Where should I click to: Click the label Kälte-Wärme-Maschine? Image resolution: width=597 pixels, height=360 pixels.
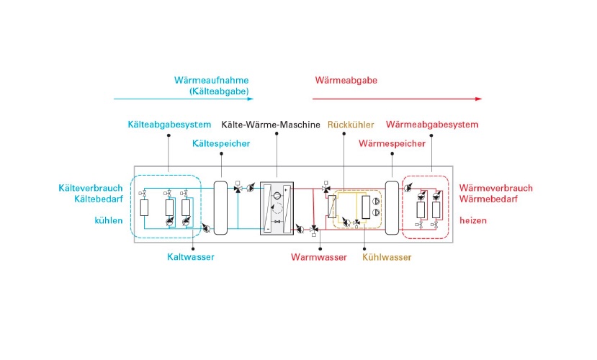click(x=271, y=125)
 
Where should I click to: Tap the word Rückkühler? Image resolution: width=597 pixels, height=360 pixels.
click(x=351, y=125)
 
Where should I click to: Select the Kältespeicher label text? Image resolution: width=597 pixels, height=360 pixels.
click(x=221, y=144)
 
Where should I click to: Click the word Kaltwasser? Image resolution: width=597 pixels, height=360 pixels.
click(x=190, y=257)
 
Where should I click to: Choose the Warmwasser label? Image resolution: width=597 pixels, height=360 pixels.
click(x=319, y=257)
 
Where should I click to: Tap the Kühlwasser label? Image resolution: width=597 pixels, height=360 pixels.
click(x=387, y=257)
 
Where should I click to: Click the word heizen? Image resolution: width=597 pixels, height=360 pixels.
click(x=473, y=221)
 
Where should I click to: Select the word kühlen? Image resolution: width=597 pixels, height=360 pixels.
click(x=109, y=221)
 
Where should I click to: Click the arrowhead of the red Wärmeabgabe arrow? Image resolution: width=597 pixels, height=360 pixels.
click(x=479, y=99)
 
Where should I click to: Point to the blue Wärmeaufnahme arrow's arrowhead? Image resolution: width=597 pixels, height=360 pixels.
click(x=251, y=99)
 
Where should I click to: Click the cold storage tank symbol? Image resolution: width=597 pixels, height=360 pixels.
click(x=220, y=208)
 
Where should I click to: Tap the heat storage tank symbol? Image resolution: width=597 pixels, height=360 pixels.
click(x=392, y=208)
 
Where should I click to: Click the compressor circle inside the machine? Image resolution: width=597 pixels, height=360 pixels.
click(x=277, y=196)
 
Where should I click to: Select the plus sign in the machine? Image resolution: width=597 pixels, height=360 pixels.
click(x=286, y=189)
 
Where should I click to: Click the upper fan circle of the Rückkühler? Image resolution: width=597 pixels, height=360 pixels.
click(x=376, y=202)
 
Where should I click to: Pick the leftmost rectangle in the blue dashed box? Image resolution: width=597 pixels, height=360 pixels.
click(x=144, y=208)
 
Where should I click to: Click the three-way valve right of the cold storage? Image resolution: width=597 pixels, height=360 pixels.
click(x=238, y=189)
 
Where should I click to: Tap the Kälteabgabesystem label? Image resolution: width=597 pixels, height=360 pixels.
click(x=169, y=125)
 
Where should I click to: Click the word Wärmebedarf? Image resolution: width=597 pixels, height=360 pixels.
click(x=488, y=199)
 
